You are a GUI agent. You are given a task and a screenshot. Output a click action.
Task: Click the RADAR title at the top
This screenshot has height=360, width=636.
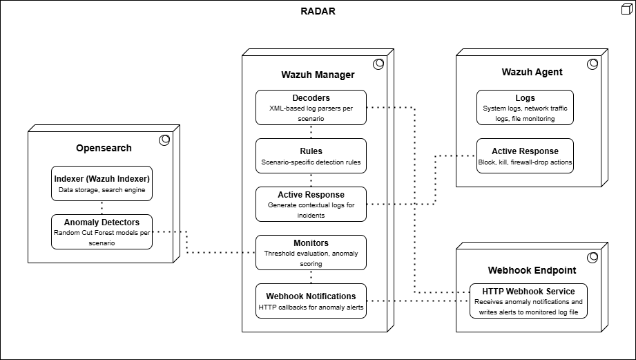coord(318,11)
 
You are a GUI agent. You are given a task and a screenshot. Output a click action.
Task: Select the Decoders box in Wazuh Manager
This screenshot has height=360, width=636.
coord(311,107)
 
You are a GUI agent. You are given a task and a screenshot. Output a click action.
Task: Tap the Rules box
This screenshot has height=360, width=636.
coord(311,155)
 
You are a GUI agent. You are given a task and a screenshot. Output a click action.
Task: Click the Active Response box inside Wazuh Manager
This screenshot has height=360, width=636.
coord(311,204)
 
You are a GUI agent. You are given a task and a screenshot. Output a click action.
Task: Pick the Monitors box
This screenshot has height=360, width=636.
coord(311,252)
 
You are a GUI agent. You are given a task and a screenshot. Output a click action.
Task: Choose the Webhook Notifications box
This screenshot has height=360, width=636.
coord(311,301)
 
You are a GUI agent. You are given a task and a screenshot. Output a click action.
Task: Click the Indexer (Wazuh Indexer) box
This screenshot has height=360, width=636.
coord(102,183)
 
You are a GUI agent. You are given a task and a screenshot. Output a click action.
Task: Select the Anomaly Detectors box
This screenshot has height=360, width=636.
coord(102,231)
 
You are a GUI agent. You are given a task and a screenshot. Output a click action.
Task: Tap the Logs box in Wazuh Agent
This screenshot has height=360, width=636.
coord(525,107)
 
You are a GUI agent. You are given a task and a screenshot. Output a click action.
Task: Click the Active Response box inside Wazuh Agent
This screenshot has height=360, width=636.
coord(525,155)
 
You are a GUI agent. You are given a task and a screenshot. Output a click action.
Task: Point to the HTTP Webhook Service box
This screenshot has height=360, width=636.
coord(529,301)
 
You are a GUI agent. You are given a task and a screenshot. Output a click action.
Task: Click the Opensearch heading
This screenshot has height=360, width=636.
coord(104,148)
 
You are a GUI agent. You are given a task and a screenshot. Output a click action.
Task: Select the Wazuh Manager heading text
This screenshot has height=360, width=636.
coord(318,75)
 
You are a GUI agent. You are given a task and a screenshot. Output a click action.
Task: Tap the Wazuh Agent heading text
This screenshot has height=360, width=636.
coord(532,72)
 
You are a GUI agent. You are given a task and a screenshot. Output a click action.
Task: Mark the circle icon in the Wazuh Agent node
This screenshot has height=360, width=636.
coord(592,64)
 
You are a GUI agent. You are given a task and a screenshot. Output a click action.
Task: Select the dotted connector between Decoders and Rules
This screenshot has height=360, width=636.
coord(311,131)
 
